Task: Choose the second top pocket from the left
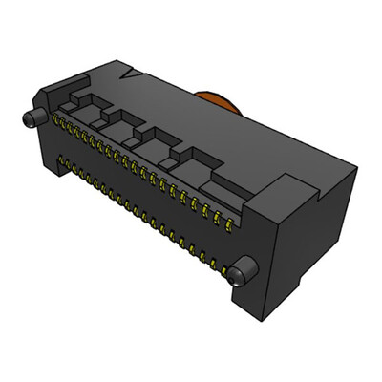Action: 121,121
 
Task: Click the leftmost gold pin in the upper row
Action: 56,120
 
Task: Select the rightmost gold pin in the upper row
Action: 230,225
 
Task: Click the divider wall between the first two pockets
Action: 103,117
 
